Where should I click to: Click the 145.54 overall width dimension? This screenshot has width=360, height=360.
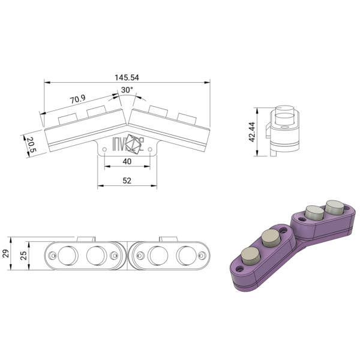coord(127,77)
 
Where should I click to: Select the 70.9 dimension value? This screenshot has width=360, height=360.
coord(77,98)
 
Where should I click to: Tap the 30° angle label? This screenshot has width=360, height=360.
coord(127,90)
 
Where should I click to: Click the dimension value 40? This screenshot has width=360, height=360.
coord(127,161)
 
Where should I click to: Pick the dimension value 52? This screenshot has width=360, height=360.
coord(127,180)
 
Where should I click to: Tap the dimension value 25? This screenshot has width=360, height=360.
coord(23,255)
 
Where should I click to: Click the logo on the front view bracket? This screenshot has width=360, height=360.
coord(127,145)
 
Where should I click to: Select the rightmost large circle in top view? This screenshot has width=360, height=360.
coord(187,256)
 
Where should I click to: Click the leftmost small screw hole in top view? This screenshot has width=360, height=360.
coord(53,256)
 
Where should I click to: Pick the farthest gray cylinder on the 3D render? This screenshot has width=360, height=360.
coord(334,207)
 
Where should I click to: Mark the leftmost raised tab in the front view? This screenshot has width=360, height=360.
coord(67,116)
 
